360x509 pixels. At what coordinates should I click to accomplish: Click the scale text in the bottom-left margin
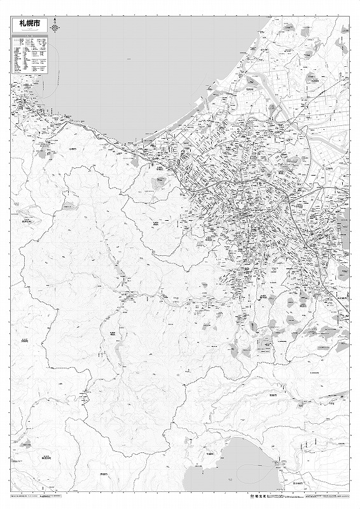pos(64,494)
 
